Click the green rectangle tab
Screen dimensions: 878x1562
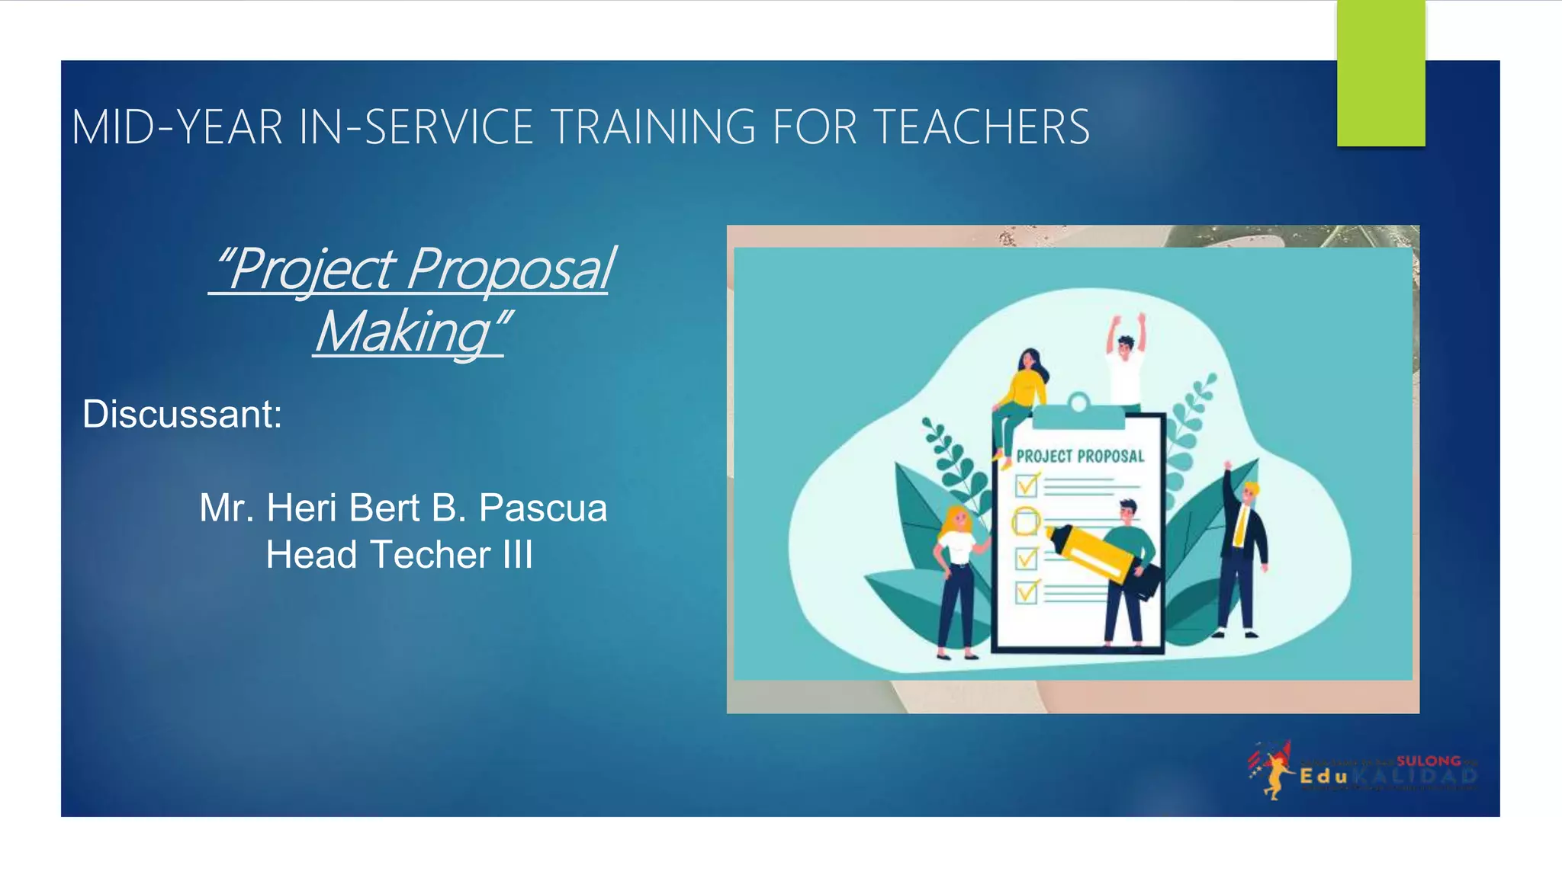point(1380,73)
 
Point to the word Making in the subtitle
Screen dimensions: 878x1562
point(404,332)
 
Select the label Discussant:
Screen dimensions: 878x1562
point(182,415)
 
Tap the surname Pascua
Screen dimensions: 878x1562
point(543,508)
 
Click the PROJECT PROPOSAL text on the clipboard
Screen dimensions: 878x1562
point(1080,457)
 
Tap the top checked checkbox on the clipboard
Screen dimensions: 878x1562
point(1027,485)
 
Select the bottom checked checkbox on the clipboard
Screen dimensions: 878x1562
point(1027,592)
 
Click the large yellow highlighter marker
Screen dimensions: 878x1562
point(1091,552)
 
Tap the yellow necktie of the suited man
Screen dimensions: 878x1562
point(1241,525)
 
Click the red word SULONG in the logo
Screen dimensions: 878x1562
point(1428,761)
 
